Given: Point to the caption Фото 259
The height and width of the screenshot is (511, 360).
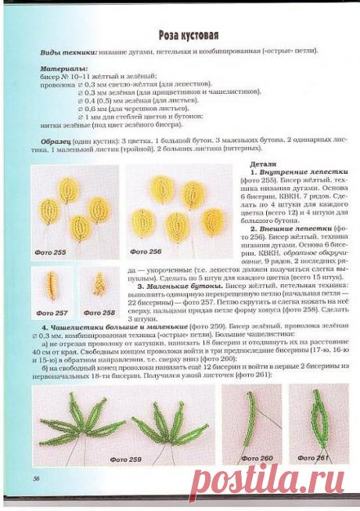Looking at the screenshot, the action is tap(125, 459).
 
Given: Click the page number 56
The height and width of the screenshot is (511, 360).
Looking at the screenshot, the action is tap(36, 477).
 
